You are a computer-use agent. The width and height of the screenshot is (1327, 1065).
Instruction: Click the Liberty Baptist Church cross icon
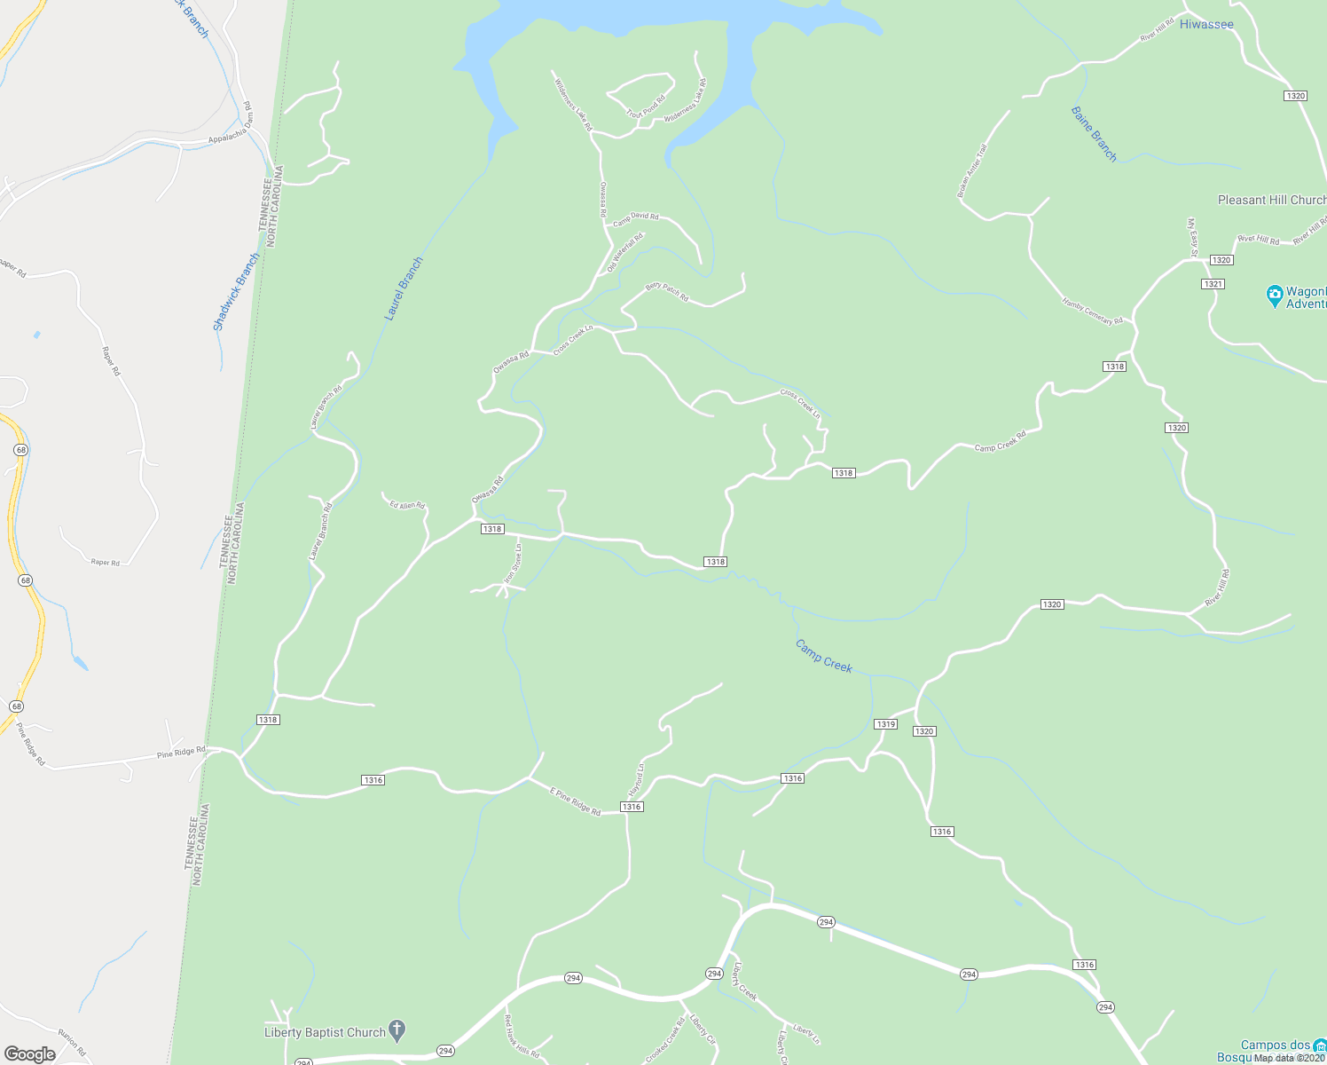(x=397, y=1030)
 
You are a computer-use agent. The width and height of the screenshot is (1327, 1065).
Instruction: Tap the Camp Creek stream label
(x=824, y=656)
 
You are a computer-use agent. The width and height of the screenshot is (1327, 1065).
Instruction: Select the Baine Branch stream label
(x=1094, y=134)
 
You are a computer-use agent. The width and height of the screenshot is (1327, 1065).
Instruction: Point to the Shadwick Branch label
(x=237, y=292)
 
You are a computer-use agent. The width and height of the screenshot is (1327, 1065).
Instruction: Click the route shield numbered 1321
(x=1213, y=284)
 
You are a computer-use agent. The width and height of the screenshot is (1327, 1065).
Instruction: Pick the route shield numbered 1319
(x=885, y=724)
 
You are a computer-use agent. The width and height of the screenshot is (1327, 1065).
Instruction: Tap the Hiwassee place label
(x=1206, y=24)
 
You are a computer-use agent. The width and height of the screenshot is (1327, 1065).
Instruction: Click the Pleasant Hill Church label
(x=1271, y=200)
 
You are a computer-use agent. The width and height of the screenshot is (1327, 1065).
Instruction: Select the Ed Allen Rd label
(x=407, y=505)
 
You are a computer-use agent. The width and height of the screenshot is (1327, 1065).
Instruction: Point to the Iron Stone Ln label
(x=514, y=564)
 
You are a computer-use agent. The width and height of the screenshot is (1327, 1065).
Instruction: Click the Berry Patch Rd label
(x=667, y=292)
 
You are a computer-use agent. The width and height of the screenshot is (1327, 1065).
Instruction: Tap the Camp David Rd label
(x=636, y=217)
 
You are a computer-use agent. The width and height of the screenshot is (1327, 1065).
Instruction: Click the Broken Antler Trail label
(x=971, y=170)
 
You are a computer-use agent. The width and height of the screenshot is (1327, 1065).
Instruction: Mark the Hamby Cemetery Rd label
(x=1092, y=311)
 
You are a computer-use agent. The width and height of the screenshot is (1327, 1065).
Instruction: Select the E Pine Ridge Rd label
(x=575, y=801)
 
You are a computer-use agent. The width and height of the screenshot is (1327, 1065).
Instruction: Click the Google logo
(x=29, y=1054)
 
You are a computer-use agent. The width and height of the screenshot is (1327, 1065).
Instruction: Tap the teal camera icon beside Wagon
(x=1275, y=296)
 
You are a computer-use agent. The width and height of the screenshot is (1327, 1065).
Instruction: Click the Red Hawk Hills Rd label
(x=522, y=1036)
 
